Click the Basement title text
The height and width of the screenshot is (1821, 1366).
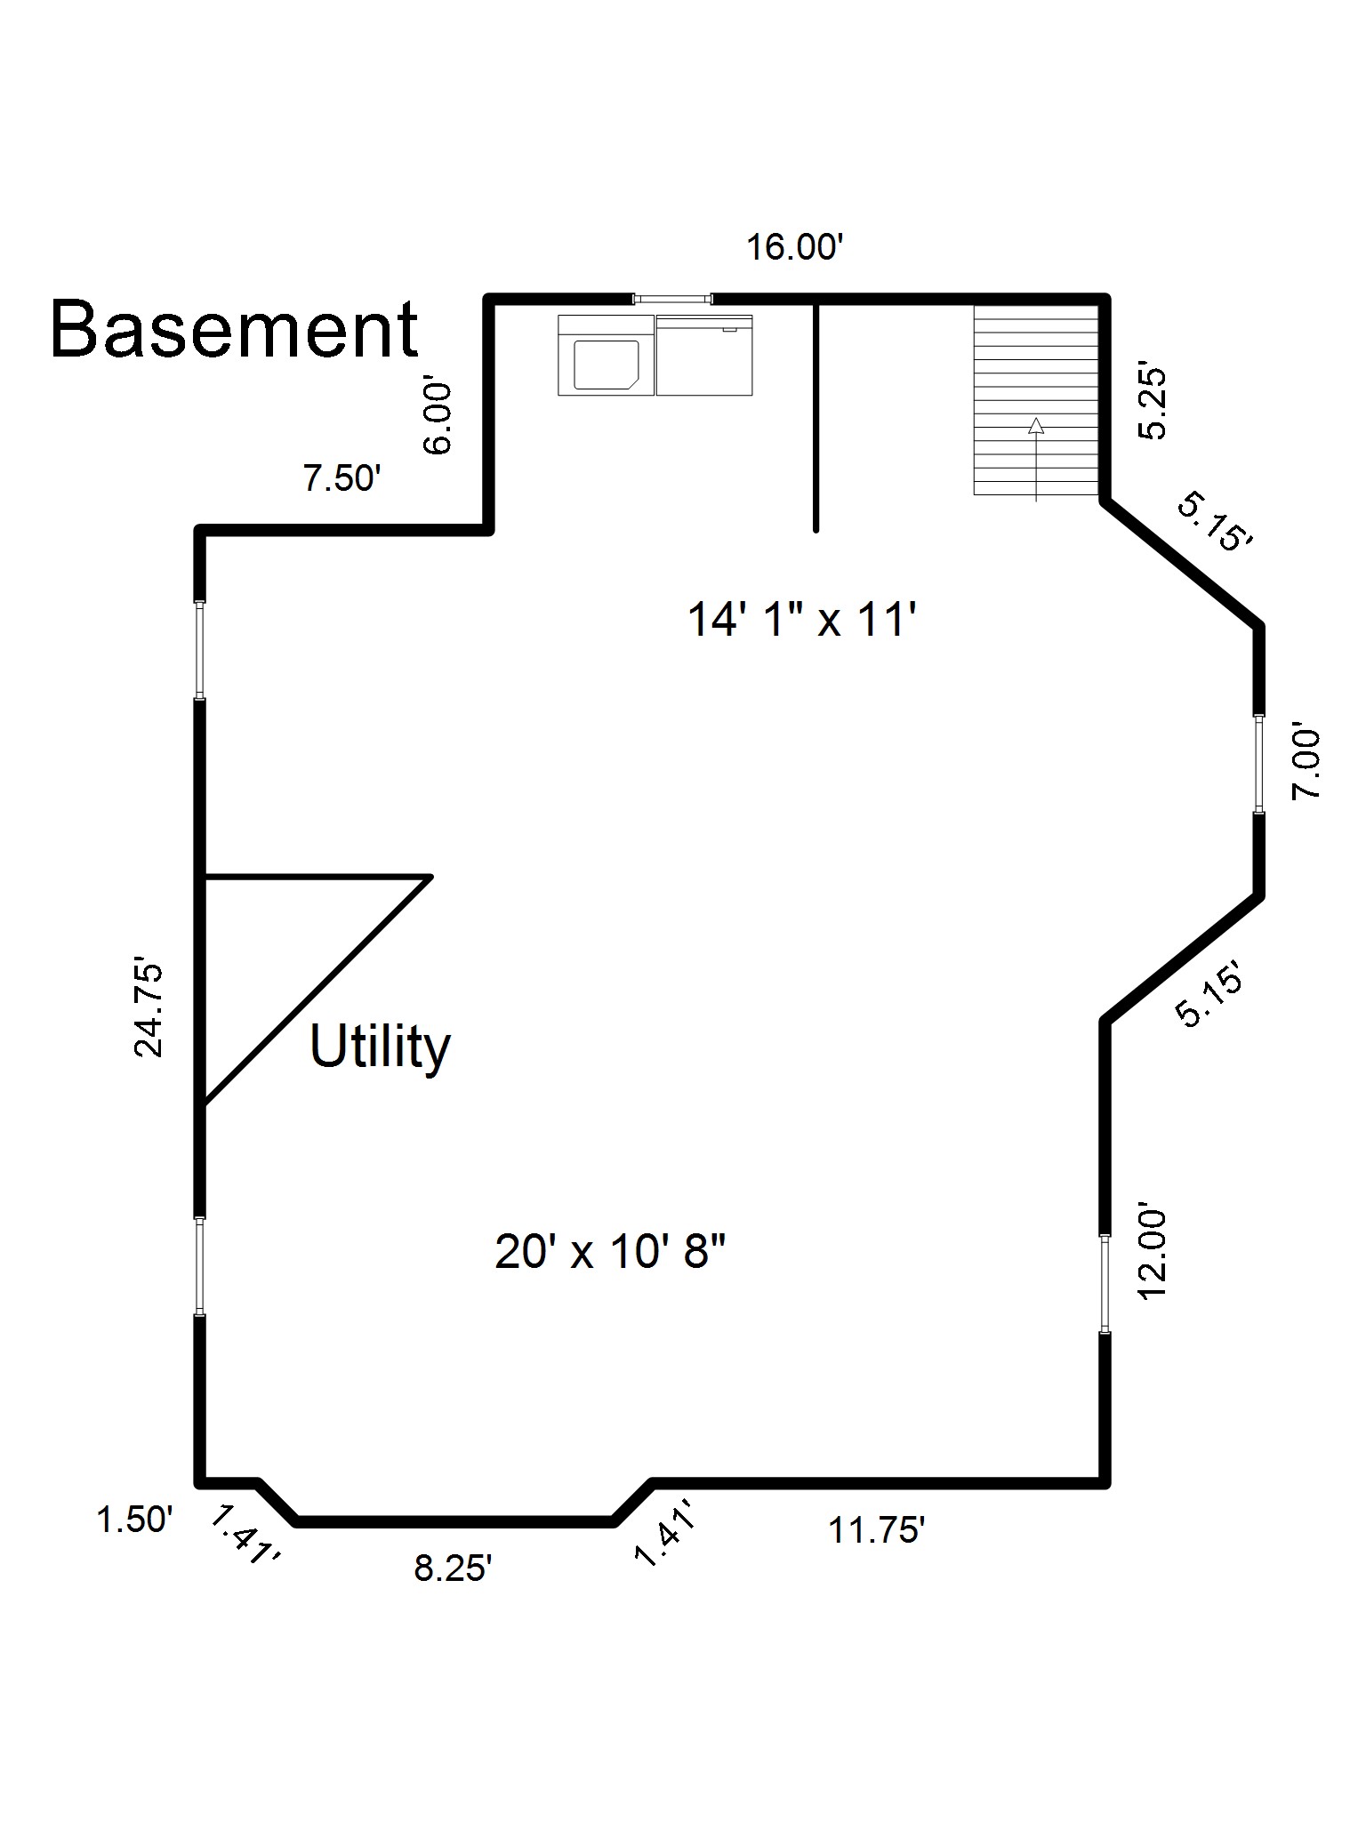pos(234,329)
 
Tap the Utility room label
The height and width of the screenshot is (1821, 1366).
pos(380,1047)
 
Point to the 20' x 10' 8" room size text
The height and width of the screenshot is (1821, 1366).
pos(610,1253)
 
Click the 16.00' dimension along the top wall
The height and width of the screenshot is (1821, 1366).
pos(793,247)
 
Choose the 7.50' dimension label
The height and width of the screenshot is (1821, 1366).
pos(342,479)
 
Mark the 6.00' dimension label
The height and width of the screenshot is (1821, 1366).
pos(438,419)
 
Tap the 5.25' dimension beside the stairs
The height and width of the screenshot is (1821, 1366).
pos(1153,404)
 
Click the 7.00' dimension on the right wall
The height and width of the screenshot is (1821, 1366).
pos(1306,765)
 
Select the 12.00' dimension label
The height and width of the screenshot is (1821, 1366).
pos(1153,1254)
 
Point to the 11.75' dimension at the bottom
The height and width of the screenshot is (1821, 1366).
pos(877,1531)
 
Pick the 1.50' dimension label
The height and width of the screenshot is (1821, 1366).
pos(134,1520)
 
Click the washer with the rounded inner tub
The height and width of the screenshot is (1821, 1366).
pos(607,355)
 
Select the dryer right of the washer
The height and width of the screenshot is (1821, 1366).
pos(704,355)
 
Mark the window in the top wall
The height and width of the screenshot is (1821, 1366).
pos(672,299)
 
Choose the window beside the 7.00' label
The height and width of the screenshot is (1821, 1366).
pos(1259,764)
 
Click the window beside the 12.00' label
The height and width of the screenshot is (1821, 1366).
pos(1105,1283)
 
